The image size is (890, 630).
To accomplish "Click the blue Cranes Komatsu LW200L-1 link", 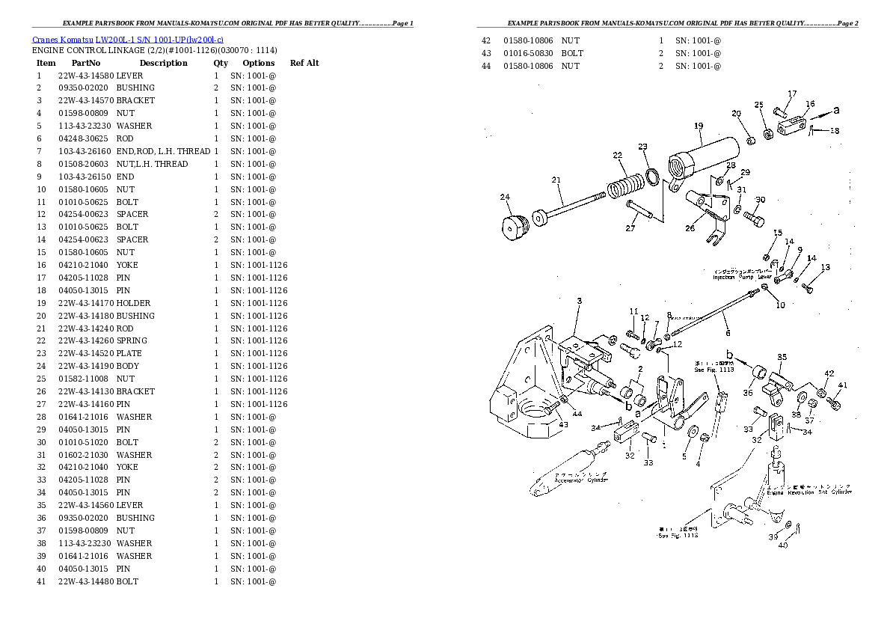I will tap(128, 38).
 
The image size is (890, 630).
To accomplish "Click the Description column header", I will tap(163, 64).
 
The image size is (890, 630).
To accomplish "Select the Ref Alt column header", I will tap(304, 64).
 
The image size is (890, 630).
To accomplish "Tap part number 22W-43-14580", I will tap(85, 76).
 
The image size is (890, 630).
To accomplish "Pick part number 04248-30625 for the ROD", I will tap(85, 138).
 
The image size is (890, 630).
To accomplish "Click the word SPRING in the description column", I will tap(132, 341).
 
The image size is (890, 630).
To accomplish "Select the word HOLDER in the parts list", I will tap(133, 303).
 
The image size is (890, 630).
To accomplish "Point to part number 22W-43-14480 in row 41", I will tap(85, 581).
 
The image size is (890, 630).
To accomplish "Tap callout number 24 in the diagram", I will tap(505, 198).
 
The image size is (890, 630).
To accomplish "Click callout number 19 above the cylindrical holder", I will tap(699, 126).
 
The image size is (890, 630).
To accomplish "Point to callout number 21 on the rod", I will tap(556, 180).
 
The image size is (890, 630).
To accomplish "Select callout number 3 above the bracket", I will tap(579, 302).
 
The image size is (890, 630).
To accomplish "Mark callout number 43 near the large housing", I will tap(563, 424).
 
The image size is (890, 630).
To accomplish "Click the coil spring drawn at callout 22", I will tap(625, 185).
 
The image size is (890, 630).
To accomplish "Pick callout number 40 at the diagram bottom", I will tap(782, 545).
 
